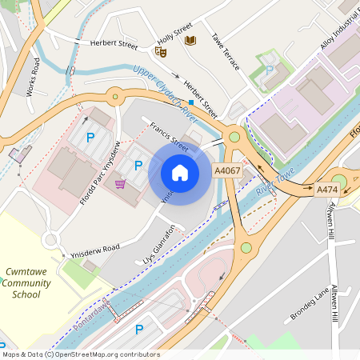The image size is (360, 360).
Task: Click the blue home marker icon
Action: click(180, 172)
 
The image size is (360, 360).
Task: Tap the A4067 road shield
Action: click(227, 170)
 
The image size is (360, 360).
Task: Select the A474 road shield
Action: click(326, 190)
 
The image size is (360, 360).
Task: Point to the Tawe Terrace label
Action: click(226, 50)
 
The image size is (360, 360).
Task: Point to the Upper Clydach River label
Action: click(165, 87)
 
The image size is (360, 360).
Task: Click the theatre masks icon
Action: click(160, 51)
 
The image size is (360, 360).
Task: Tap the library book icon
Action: click(190, 40)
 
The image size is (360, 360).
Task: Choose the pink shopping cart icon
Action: click(120, 185)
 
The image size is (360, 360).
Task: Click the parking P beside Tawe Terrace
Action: click(269, 70)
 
